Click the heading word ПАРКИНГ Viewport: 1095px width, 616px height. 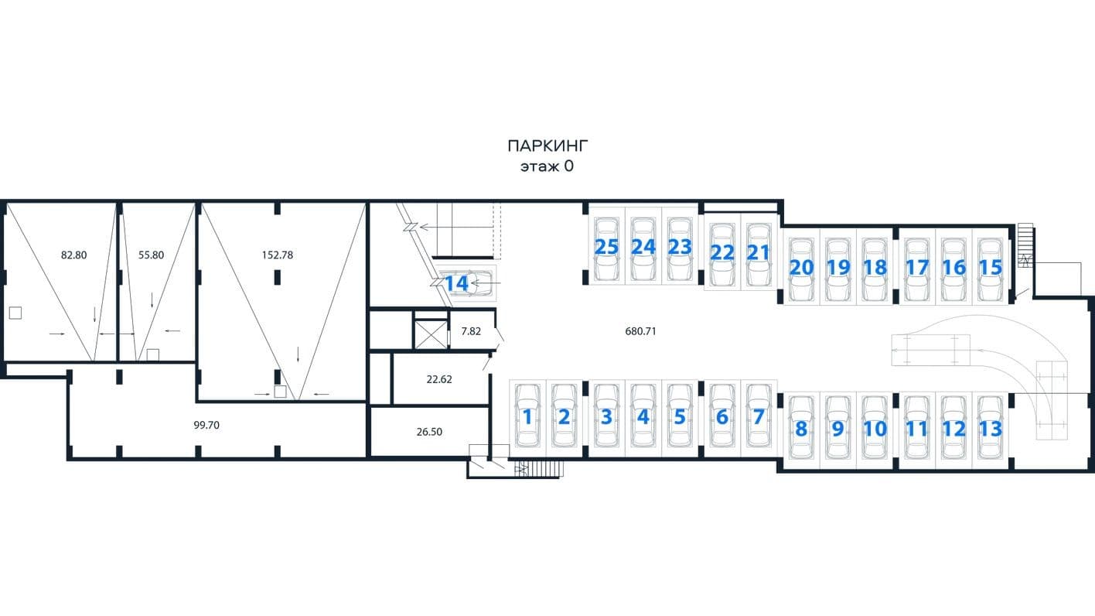(x=547, y=145)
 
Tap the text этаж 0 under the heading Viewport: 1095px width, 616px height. (x=547, y=166)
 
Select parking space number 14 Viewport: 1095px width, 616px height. (x=456, y=283)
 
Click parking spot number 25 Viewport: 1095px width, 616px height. (x=606, y=247)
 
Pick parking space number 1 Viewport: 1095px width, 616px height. (x=527, y=417)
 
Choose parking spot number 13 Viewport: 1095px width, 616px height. (x=991, y=429)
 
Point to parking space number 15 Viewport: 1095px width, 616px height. (x=991, y=267)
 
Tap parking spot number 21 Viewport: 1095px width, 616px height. (x=759, y=252)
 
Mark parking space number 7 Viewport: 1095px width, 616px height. (x=759, y=417)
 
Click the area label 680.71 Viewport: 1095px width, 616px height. (x=640, y=331)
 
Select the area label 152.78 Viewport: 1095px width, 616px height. (x=277, y=255)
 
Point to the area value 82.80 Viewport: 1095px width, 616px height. (x=73, y=255)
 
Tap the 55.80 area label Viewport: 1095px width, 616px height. (x=151, y=255)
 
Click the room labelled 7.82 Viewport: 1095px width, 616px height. (x=471, y=331)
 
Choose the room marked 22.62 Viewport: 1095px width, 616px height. (x=439, y=379)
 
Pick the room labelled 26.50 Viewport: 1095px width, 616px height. (x=429, y=432)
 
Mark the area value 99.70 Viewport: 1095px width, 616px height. (x=206, y=425)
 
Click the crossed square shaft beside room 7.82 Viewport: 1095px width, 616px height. (x=431, y=334)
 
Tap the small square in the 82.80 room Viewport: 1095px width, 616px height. (x=15, y=313)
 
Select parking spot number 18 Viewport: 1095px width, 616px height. (x=875, y=267)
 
